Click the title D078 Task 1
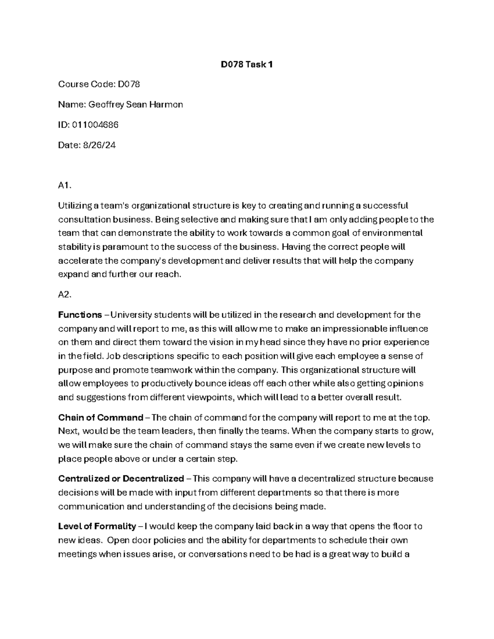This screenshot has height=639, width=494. click(247, 65)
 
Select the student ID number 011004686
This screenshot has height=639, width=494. click(95, 125)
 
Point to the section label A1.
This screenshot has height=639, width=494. click(65, 186)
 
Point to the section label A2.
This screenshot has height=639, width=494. click(65, 295)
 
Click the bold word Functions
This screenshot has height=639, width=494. click(80, 315)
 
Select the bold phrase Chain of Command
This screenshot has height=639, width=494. click(100, 418)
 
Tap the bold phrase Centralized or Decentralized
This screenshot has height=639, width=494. click(121, 479)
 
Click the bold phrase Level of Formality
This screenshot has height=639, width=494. click(97, 526)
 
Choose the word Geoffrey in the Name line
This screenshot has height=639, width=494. click(106, 105)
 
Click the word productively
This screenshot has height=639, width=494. click(167, 383)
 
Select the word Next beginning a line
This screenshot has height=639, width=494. click(68, 431)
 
